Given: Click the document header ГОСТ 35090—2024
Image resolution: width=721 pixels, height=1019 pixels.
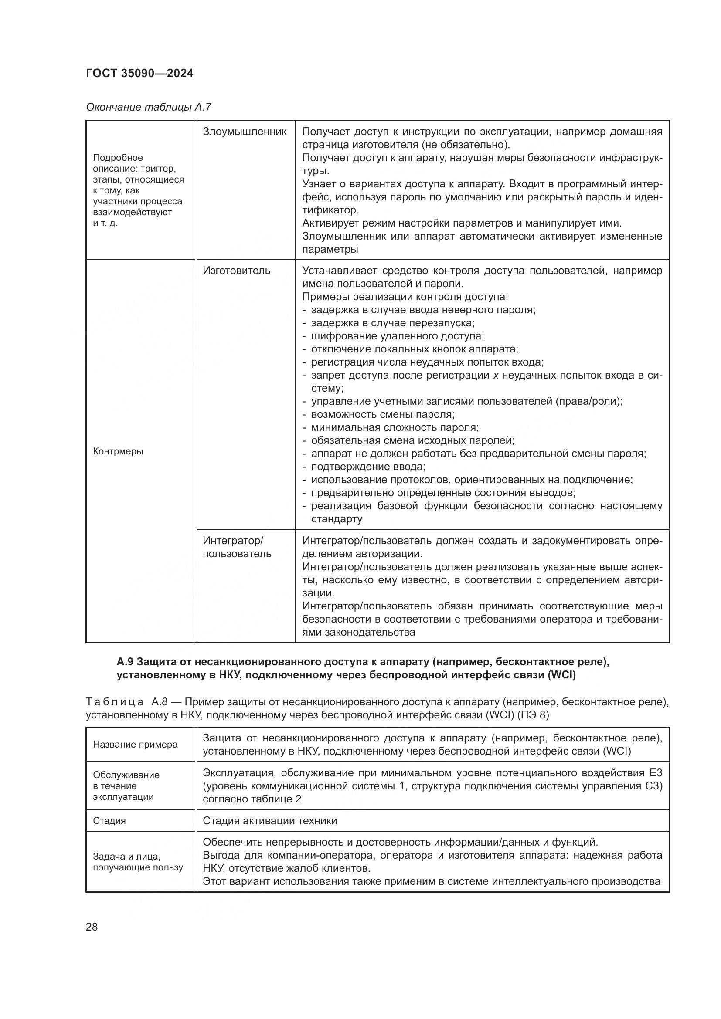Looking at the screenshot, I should pyautogui.click(x=139, y=74).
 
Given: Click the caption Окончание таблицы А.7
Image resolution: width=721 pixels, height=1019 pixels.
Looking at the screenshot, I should pyautogui.click(x=148, y=108).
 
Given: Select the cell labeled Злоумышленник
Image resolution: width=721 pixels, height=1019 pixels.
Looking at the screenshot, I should pyautogui.click(x=245, y=132).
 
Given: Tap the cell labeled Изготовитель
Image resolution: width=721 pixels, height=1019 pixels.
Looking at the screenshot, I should pyautogui.click(x=236, y=271).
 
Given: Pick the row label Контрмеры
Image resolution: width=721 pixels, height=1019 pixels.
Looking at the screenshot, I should pyautogui.click(x=118, y=452).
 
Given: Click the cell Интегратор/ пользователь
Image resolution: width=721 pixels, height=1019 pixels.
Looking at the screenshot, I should pyautogui.click(x=237, y=547).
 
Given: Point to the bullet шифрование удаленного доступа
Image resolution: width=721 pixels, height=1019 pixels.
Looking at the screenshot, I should pyautogui.click(x=397, y=336).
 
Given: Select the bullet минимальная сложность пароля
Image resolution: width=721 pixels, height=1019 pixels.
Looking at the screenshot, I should pyautogui.click(x=394, y=428).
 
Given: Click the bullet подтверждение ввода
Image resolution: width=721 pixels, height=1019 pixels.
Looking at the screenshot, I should pyautogui.click(x=368, y=467).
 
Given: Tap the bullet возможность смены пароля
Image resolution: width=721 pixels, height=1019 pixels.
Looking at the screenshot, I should pyautogui.click(x=382, y=414).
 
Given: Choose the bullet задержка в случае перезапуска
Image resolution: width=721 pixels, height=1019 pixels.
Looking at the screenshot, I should pyautogui.click(x=392, y=323).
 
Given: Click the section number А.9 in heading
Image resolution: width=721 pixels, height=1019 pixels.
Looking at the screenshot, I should pyautogui.click(x=125, y=662).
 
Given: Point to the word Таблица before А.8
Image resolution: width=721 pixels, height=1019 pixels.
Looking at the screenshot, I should pyautogui.click(x=115, y=702).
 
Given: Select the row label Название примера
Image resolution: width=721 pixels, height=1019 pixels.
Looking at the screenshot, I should pyautogui.click(x=135, y=745).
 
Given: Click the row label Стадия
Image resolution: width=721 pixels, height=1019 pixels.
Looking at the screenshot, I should pyautogui.click(x=109, y=821).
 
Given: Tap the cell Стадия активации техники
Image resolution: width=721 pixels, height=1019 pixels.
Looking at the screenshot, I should pyautogui.click(x=269, y=821).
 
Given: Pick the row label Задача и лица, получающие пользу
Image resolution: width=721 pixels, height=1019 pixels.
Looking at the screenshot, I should pyautogui.click(x=138, y=862).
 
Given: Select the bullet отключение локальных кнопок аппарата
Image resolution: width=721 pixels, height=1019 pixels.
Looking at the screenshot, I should pyautogui.click(x=414, y=349).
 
